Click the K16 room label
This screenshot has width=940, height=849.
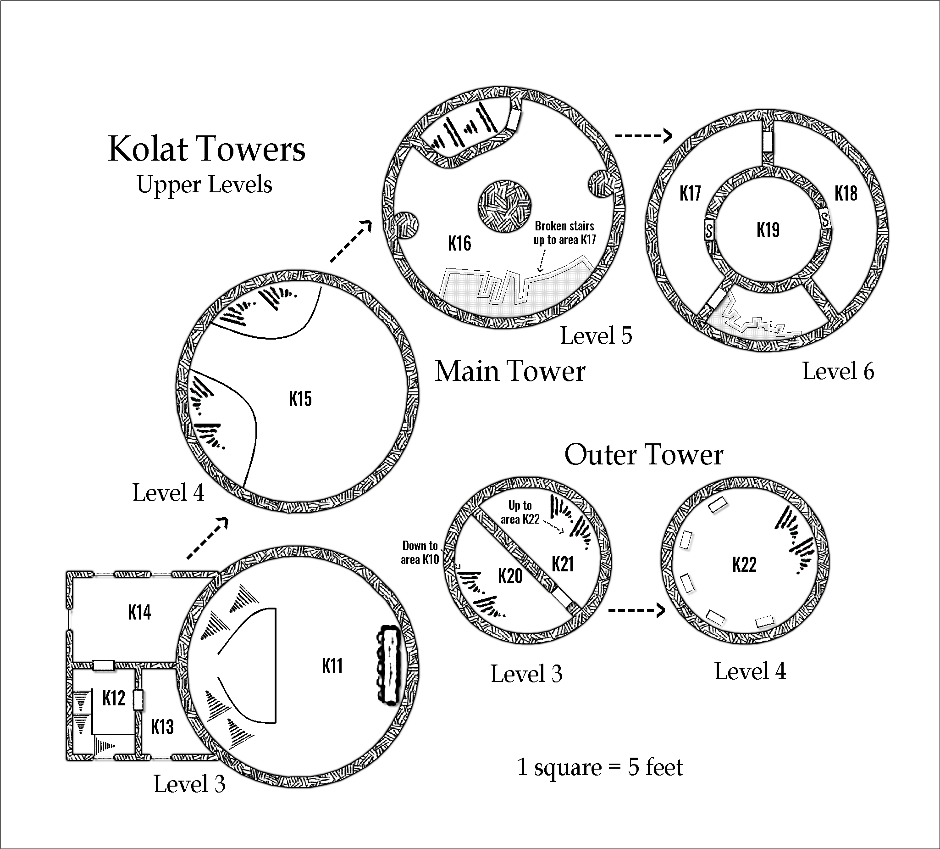pos(459,244)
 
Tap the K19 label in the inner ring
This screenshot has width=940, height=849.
pos(768,230)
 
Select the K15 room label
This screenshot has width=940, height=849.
pos(300,399)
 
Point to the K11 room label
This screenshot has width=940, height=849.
pos(332,666)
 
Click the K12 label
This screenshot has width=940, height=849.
pos(114,698)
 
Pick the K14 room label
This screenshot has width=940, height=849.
pos(139,613)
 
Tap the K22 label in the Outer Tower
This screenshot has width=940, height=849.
pos(744,565)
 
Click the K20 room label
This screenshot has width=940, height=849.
pos(510,576)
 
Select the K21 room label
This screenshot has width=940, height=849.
pos(563,564)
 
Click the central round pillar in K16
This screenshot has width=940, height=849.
pos(504,206)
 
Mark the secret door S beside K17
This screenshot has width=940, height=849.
pos(709,230)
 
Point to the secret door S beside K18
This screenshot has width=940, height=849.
pos(825,218)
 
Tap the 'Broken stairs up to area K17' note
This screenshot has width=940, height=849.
pos(564,233)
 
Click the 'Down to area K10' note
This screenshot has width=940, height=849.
pos(420,553)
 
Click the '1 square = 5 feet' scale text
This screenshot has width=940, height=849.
pos(600,767)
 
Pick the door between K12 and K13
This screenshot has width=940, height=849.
pos(138,700)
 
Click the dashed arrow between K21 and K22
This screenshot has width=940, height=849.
pos(636,610)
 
